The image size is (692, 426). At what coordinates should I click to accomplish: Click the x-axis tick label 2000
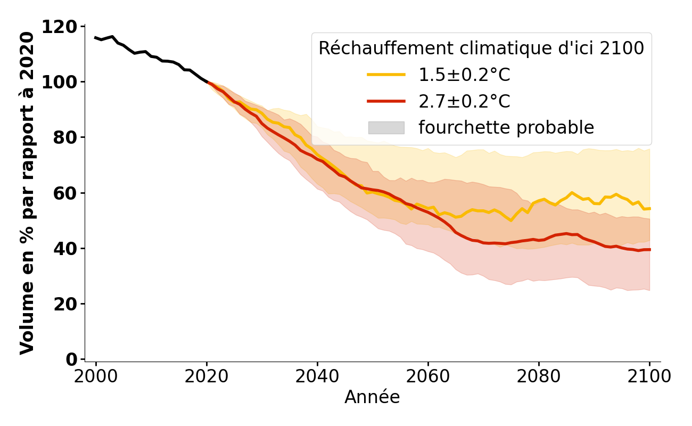(x=96, y=376)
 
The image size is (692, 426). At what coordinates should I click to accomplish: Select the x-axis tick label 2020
(x=207, y=376)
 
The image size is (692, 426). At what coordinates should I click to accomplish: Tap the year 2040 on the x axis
(x=317, y=376)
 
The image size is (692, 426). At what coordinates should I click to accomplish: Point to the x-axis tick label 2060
(x=428, y=376)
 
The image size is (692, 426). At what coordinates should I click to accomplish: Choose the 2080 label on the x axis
(x=539, y=376)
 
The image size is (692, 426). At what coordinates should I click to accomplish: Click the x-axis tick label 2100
(x=649, y=376)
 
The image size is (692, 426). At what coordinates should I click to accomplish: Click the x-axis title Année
(x=372, y=397)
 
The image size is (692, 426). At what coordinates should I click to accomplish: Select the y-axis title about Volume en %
(x=27, y=193)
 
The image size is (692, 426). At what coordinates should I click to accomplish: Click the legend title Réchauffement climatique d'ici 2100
(x=481, y=48)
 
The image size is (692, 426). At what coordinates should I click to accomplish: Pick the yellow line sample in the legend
(x=386, y=75)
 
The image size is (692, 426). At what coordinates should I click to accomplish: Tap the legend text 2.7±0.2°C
(x=464, y=101)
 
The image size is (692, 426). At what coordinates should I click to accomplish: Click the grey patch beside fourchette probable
(x=386, y=128)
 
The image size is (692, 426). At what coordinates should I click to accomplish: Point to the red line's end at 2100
(x=649, y=249)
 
